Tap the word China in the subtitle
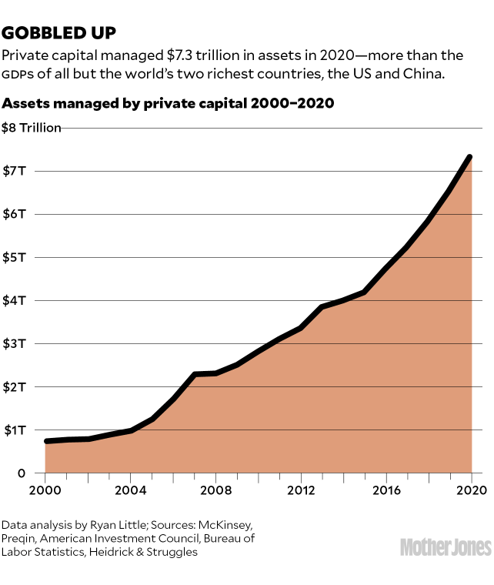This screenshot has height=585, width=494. tap(441, 75)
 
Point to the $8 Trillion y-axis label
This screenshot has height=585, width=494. tap(32, 128)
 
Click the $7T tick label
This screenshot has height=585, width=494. tap(16, 171)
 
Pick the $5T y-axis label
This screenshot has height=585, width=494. tap(16, 257)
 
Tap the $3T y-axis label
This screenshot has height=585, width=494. tap(16, 343)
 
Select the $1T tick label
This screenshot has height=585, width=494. tap(16, 430)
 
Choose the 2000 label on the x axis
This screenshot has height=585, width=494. tap(45, 490)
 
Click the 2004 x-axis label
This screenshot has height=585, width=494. tap(130, 490)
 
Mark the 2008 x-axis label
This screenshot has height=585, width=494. tap(215, 490)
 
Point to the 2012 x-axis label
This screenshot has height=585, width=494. tap(301, 490)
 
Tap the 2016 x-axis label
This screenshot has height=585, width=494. tap(386, 490)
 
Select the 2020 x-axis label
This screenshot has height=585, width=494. tap(470, 490)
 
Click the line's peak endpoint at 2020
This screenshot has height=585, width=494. tap(469, 157)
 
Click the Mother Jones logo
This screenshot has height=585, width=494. tap(446, 547)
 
